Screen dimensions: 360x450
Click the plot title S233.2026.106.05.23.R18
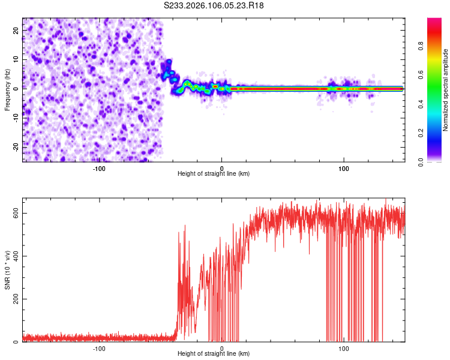coord(214,5)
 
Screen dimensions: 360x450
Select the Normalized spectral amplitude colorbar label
coord(446,89)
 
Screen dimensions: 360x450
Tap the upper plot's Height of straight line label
coord(214,173)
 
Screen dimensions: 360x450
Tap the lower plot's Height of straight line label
coord(214,353)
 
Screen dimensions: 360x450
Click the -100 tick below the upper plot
coord(99,168)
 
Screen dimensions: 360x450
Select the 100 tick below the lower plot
coord(344,348)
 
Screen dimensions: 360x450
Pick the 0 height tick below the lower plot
coord(222,348)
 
